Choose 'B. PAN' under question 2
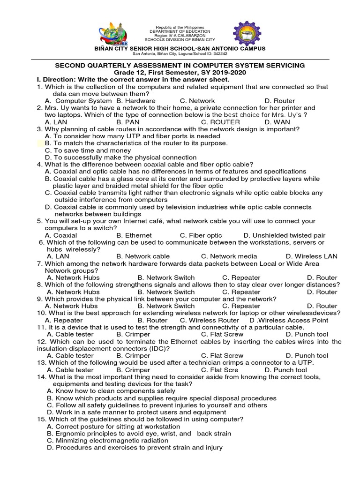coord(127,122)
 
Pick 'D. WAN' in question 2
coord(277,122)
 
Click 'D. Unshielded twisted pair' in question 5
coord(284,235)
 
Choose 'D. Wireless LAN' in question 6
coord(311,256)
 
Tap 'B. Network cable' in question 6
coord(143,256)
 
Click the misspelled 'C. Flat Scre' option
coord(220,370)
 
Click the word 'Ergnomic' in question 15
coord(71,434)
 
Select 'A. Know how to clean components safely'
coord(111,391)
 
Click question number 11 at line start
coord(41,327)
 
